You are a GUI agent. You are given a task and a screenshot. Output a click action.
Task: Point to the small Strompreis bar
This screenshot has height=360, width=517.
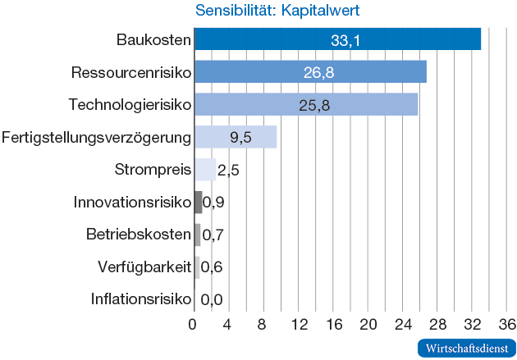coord(204,170)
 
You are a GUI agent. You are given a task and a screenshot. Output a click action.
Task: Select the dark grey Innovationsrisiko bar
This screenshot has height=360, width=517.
coord(198,202)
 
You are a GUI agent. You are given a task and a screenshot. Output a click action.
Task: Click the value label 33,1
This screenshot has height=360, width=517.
coord(345,40)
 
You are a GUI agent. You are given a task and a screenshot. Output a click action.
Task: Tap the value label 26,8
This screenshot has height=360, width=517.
coord(318,73)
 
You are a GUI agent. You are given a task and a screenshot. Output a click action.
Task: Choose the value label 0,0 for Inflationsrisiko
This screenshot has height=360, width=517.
coord(212,299)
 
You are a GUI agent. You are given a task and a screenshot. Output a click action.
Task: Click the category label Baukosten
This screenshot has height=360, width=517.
coord(153,39)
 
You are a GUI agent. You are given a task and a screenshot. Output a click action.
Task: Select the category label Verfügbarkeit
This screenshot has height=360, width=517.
coord(144,267)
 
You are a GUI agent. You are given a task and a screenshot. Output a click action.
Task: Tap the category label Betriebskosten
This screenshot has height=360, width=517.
coord(139,235)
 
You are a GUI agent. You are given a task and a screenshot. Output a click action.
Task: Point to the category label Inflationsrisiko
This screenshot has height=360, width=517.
coord(141,299)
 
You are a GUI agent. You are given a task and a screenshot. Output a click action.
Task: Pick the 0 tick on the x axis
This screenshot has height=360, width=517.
coord(193,323)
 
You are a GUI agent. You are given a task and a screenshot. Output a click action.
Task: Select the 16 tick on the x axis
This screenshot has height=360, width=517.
coord(332,323)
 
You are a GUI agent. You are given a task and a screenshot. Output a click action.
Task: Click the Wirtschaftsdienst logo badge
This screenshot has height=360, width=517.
coord(466,348)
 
